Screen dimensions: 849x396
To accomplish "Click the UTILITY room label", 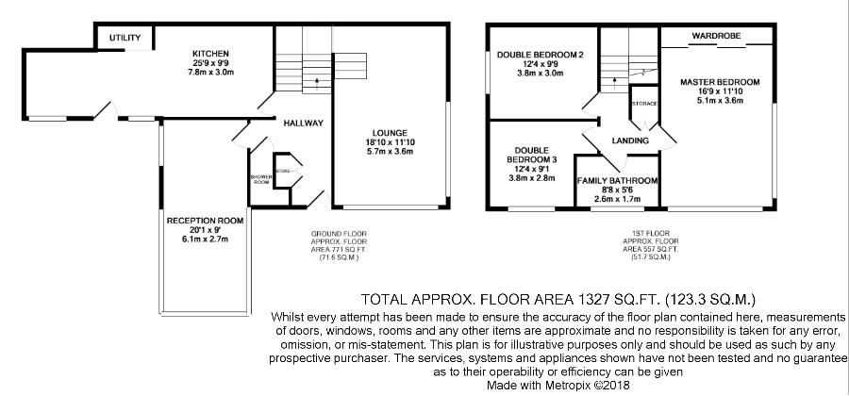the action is click(x=125, y=38).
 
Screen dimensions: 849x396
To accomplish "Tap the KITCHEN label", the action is click(x=210, y=54).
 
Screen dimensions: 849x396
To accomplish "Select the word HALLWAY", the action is click(x=303, y=124).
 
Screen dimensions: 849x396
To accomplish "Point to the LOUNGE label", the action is click(x=390, y=133).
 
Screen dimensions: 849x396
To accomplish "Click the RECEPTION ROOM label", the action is click(x=206, y=221).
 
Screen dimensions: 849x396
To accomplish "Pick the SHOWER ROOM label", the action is click(x=261, y=179).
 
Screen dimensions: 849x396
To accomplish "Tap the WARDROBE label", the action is click(x=716, y=36).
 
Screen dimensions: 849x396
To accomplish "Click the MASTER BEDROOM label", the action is click(x=720, y=82).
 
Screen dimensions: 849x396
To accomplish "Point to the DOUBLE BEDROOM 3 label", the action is click(x=532, y=156).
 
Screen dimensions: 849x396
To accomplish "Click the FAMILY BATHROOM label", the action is click(x=617, y=181).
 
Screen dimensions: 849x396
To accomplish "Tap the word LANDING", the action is click(x=630, y=140).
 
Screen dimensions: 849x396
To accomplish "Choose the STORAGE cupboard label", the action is click(x=644, y=104).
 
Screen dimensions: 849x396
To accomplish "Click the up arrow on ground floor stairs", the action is click(x=317, y=83).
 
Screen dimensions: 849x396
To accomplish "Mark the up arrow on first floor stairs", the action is click(x=614, y=83).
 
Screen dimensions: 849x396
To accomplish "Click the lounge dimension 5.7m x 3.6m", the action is click(x=390, y=152).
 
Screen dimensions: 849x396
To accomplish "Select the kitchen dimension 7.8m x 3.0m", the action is click(x=210, y=72).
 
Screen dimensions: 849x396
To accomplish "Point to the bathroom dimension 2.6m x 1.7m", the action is click(x=617, y=199).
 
